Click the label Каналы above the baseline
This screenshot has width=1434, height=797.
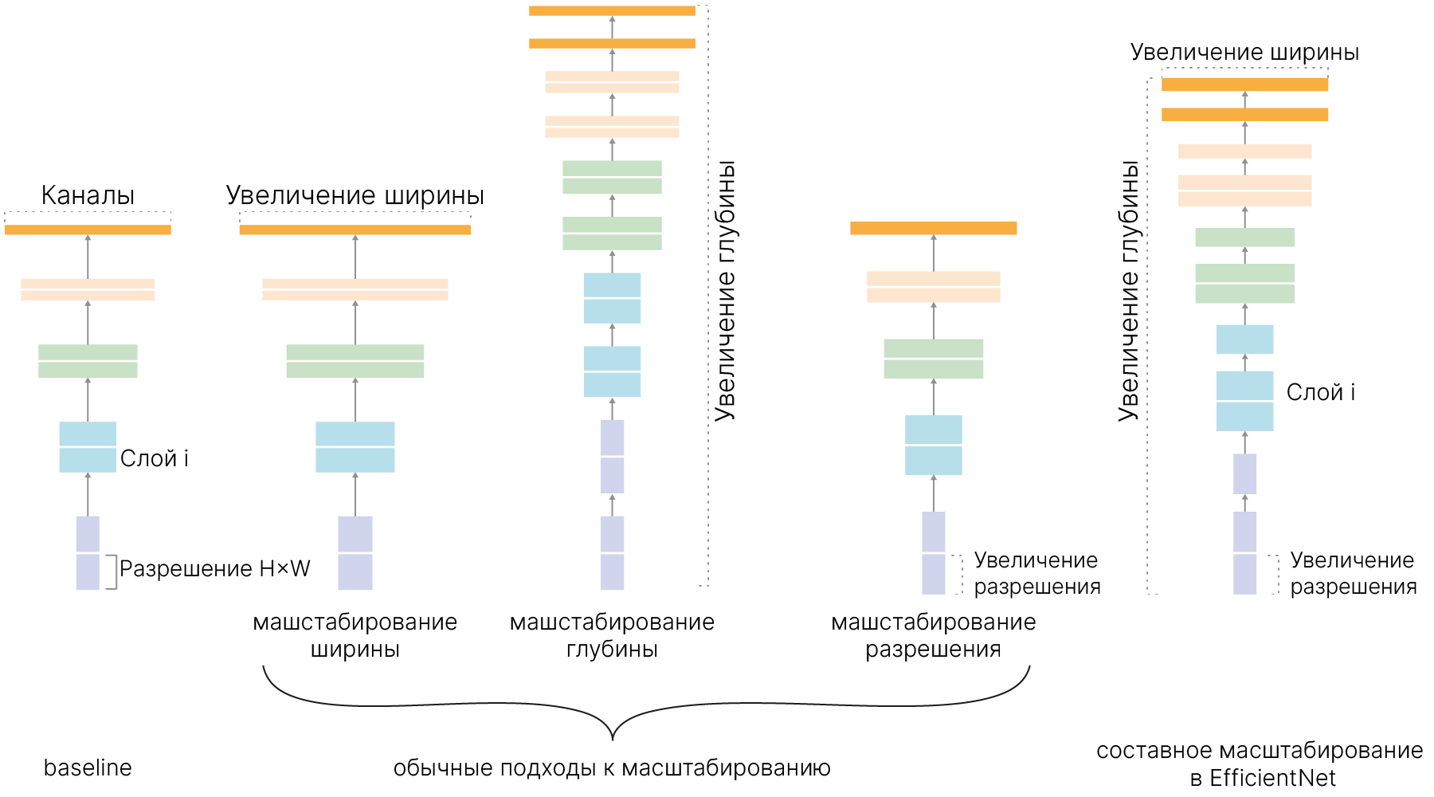(88, 195)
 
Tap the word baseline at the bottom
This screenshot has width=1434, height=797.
(88, 768)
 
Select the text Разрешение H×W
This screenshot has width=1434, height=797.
(214, 569)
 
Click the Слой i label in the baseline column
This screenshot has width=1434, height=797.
(155, 458)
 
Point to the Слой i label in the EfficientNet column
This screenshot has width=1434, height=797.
(1321, 392)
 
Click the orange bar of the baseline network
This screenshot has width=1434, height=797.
(88, 230)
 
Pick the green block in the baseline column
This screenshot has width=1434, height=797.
(88, 361)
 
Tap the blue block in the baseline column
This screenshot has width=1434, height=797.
(88, 447)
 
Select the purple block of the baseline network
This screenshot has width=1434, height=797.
(88, 553)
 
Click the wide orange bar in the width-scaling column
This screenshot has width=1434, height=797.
(355, 230)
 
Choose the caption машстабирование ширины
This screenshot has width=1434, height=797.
(355, 635)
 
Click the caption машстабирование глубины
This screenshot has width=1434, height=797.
(612, 635)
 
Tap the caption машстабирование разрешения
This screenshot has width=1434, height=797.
(934, 635)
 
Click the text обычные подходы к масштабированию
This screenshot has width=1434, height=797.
(612, 768)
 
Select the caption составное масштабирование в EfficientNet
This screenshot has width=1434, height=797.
(1260, 764)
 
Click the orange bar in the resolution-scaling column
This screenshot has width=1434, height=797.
(934, 228)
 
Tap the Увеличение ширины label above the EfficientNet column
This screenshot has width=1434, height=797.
(1244, 53)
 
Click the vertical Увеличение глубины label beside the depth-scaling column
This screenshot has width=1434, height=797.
(725, 291)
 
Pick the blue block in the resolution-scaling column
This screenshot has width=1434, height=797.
(934, 445)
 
